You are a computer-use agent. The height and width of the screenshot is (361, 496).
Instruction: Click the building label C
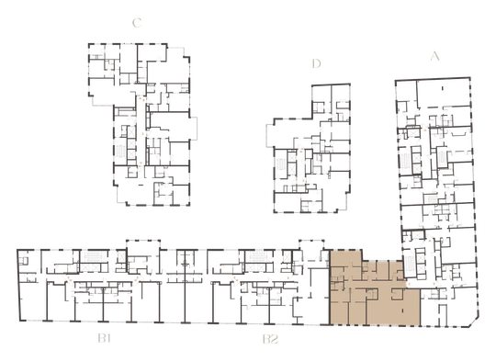pyautogui.click(x=137, y=23)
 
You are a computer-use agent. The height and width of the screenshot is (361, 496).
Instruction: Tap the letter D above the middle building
pyautogui.click(x=316, y=63)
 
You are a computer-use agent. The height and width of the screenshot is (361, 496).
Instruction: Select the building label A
pyautogui.click(x=435, y=56)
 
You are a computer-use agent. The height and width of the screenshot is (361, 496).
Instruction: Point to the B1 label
pyautogui.click(x=104, y=339)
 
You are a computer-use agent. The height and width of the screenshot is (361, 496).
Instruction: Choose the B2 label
pyautogui.click(x=270, y=339)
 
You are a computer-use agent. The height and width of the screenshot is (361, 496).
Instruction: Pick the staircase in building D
pyautogui.click(x=280, y=164)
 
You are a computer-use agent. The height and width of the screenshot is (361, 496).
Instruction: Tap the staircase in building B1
pyautogui.click(x=94, y=256)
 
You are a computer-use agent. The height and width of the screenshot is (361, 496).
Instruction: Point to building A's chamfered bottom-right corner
pyautogui.click(x=475, y=322)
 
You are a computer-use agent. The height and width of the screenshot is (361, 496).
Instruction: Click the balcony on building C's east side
pyautogui.click(x=193, y=128)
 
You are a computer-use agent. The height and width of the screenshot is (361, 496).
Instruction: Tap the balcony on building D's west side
pyautogui.click(x=270, y=136)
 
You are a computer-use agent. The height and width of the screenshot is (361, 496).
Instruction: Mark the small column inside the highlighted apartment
pyautogui.click(x=402, y=311)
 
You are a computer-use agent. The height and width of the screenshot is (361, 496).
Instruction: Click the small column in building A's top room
pyautogui.click(x=443, y=87)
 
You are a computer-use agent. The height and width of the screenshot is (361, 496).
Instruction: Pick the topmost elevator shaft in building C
pyautogui.click(x=130, y=131)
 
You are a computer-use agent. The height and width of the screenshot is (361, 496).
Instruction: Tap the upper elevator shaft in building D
pyautogui.click(x=291, y=157)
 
